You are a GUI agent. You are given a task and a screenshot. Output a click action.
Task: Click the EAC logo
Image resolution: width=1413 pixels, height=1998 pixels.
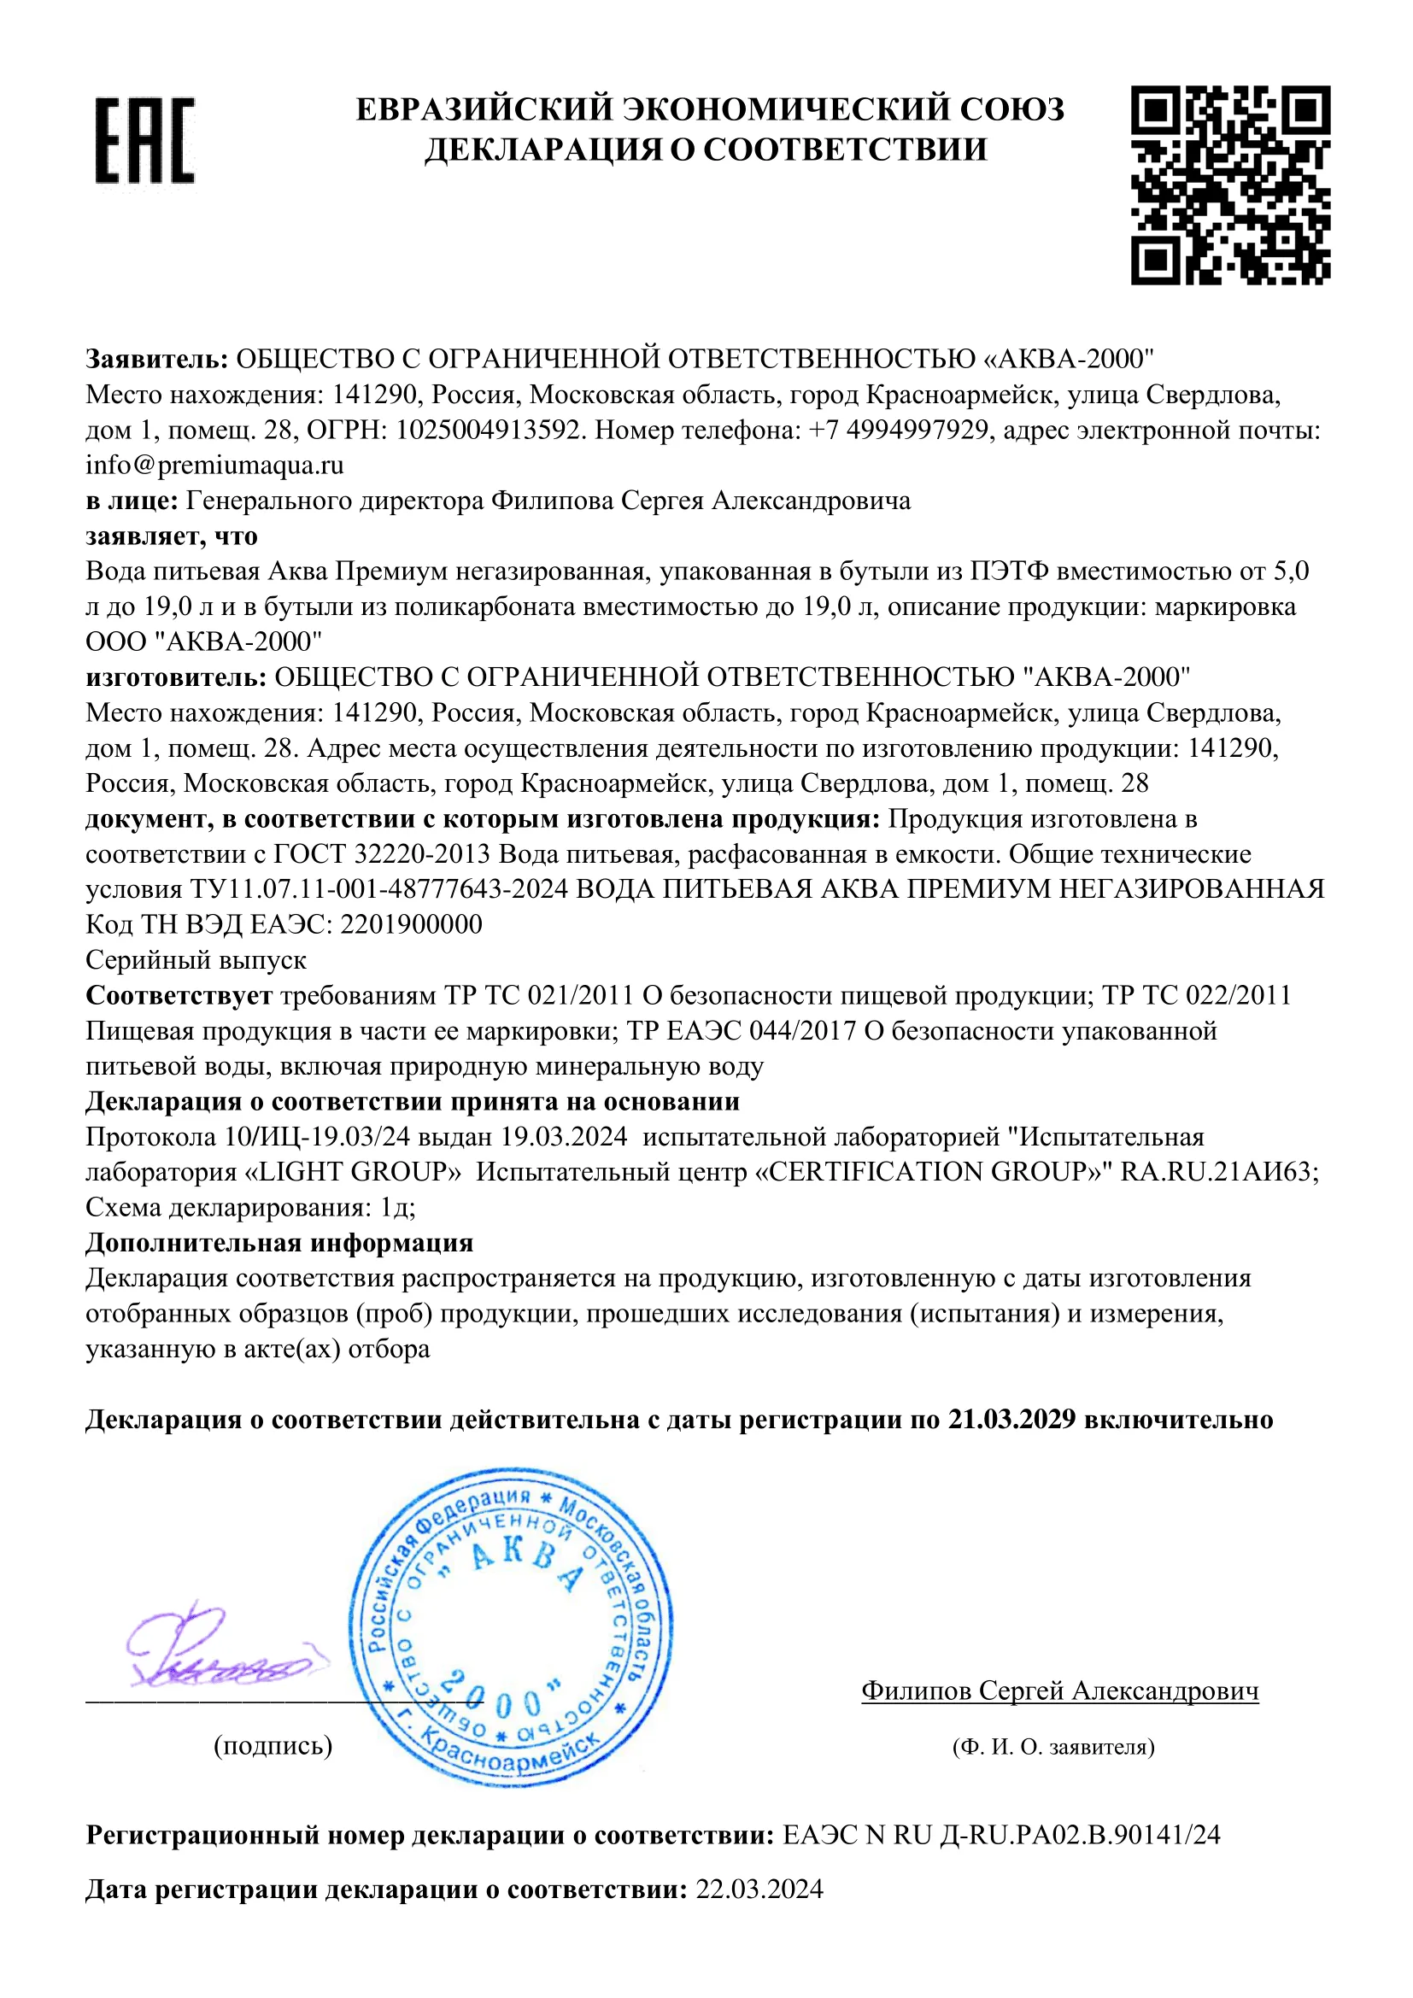coord(144,139)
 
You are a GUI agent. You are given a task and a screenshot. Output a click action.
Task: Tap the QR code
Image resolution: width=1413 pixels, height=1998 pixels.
coord(1230,185)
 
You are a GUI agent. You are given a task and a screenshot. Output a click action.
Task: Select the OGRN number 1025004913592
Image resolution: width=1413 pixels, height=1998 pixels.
coord(488,430)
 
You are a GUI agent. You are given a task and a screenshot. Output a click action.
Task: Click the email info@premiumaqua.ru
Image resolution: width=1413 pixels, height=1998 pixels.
coord(214,466)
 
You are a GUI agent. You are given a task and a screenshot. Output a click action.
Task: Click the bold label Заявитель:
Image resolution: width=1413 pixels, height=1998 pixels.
coord(156,359)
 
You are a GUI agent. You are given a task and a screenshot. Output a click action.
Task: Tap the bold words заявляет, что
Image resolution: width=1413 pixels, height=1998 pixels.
coord(172,536)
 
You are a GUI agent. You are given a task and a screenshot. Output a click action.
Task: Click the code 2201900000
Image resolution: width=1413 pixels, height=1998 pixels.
coord(411,924)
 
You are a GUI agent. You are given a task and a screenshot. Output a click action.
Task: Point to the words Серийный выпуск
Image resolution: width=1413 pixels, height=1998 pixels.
coord(196,960)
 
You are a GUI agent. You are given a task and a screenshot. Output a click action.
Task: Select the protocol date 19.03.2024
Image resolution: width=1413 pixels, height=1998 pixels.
coord(564,1137)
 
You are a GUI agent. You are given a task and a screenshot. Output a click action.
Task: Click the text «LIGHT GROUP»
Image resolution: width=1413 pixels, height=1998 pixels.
coord(349,1172)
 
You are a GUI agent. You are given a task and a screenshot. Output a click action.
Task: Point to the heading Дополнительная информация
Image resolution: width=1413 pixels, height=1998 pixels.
coord(279,1243)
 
